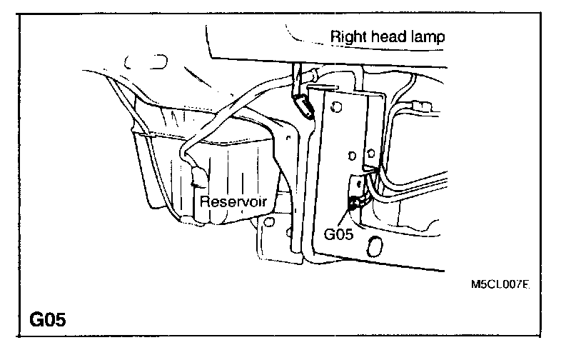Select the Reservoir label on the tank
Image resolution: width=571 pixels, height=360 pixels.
tap(233, 201)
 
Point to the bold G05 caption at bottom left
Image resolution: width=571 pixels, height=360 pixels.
tap(49, 319)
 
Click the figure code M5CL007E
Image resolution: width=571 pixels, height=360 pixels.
tap(500, 284)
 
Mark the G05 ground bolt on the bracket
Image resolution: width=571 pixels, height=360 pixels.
tap(353, 205)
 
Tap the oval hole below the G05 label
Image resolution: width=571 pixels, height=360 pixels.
tap(372, 246)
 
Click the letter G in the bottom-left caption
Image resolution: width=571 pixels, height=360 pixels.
tap(36, 319)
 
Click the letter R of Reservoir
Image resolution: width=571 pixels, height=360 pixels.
tap(204, 201)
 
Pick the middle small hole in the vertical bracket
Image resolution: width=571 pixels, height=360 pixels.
tap(350, 155)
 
